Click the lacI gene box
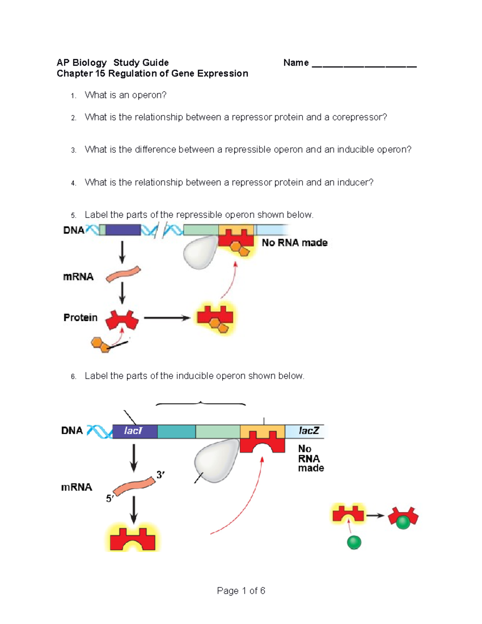click(135, 431)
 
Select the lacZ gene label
click(308, 431)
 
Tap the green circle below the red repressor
click(354, 542)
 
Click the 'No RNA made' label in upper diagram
click(294, 243)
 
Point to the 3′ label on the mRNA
click(161, 475)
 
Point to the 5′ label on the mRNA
click(110, 499)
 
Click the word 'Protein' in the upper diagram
click(80, 318)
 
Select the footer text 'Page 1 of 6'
click(241, 591)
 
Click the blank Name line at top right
click(364, 65)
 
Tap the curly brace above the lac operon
click(200, 403)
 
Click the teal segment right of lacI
click(176, 432)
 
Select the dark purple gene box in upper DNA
click(123, 230)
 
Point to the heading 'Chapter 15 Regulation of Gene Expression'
click(152, 74)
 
